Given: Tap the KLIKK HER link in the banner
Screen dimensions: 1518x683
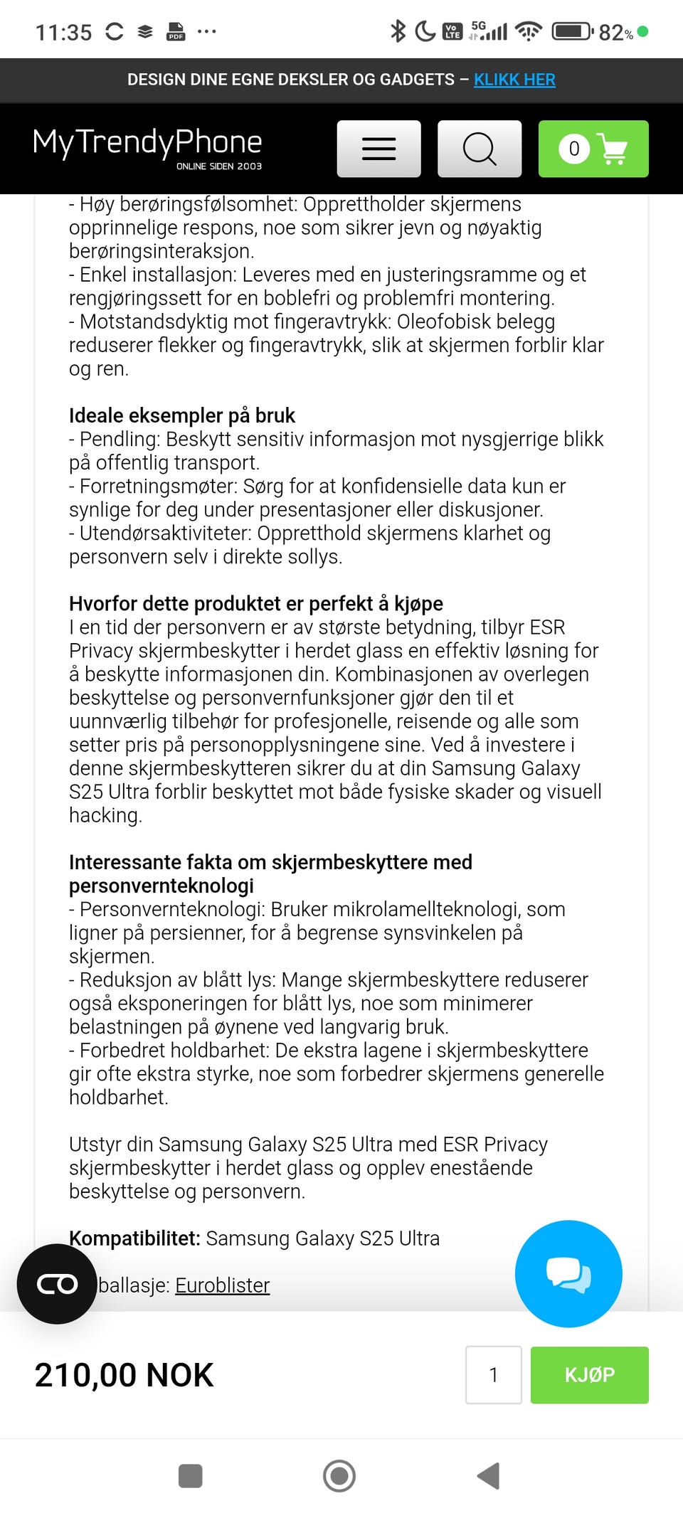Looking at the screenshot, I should pyautogui.click(x=514, y=80).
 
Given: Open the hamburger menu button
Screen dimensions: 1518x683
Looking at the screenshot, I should pyautogui.click(x=378, y=149).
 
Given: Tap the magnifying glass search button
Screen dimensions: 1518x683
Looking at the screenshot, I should pyautogui.click(x=480, y=149).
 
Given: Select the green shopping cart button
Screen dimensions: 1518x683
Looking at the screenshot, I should pyautogui.click(x=593, y=149).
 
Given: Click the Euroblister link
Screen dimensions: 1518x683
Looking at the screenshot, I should pyautogui.click(x=222, y=1285).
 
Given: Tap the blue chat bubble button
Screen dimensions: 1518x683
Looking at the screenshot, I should pyautogui.click(x=568, y=1273).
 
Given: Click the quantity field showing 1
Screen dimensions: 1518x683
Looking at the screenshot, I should pyautogui.click(x=494, y=1374).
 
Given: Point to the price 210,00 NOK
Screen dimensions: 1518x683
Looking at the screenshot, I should pyautogui.click(x=124, y=1374).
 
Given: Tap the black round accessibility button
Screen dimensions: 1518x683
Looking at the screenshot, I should pyautogui.click(x=57, y=1283).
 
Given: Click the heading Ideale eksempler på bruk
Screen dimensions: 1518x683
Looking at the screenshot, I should pyautogui.click(x=182, y=415).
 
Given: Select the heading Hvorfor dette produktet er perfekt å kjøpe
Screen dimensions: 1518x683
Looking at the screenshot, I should pyautogui.click(x=256, y=603).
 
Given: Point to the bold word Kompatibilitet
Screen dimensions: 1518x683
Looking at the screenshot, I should pyautogui.click(x=134, y=1238).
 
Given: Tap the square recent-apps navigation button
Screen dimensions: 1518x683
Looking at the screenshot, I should pyautogui.click(x=190, y=1475).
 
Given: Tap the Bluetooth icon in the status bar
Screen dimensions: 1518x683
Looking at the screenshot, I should pyautogui.click(x=398, y=31).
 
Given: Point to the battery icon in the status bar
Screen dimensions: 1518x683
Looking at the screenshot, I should pyautogui.click(x=572, y=31).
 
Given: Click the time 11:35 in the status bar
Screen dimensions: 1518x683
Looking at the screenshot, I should pyautogui.click(x=64, y=32).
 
